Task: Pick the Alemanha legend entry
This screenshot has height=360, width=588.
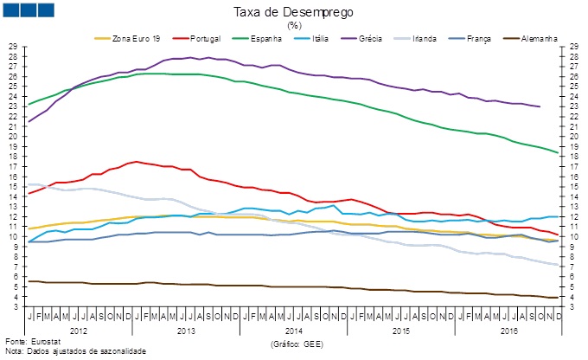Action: click(x=537, y=38)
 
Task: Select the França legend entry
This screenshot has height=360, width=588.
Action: click(x=483, y=38)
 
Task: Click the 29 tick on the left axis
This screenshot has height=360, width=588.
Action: click(x=13, y=46)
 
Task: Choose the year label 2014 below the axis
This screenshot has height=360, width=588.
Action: click(x=293, y=330)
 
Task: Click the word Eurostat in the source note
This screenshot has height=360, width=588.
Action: click(x=45, y=343)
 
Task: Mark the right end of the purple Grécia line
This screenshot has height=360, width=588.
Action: click(x=540, y=106)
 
